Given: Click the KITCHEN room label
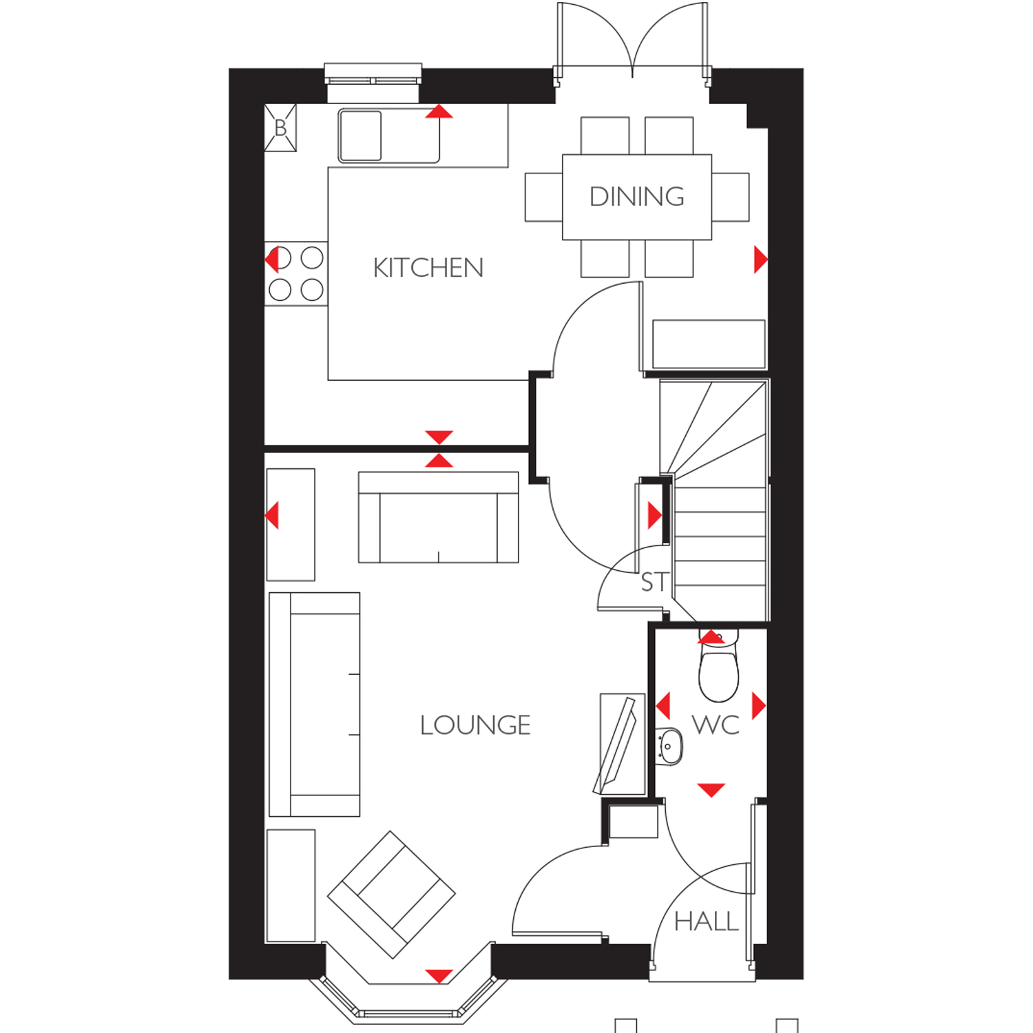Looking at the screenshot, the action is tap(428, 268).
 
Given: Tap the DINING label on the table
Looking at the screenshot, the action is tap(637, 197).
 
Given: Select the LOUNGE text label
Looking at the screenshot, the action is tap(475, 725).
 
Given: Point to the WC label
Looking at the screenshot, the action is tap(716, 724).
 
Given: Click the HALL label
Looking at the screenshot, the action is tap(706, 921).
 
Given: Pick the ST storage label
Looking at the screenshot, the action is tap(654, 583).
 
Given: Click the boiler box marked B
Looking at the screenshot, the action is tap(280, 127).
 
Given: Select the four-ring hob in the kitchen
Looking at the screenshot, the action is tap(296, 273).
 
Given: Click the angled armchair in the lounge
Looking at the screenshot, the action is tap(391, 895).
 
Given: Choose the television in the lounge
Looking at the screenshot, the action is tap(617, 745).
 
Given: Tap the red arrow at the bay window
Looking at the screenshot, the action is tap(439, 976).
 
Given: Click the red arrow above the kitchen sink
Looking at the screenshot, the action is tap(439, 112).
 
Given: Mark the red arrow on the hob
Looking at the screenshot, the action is tap(271, 260).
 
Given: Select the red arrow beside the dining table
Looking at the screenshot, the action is tap(761, 260).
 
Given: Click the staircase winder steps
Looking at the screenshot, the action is tap(713, 427).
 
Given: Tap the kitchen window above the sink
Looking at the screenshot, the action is tap(373, 74).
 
